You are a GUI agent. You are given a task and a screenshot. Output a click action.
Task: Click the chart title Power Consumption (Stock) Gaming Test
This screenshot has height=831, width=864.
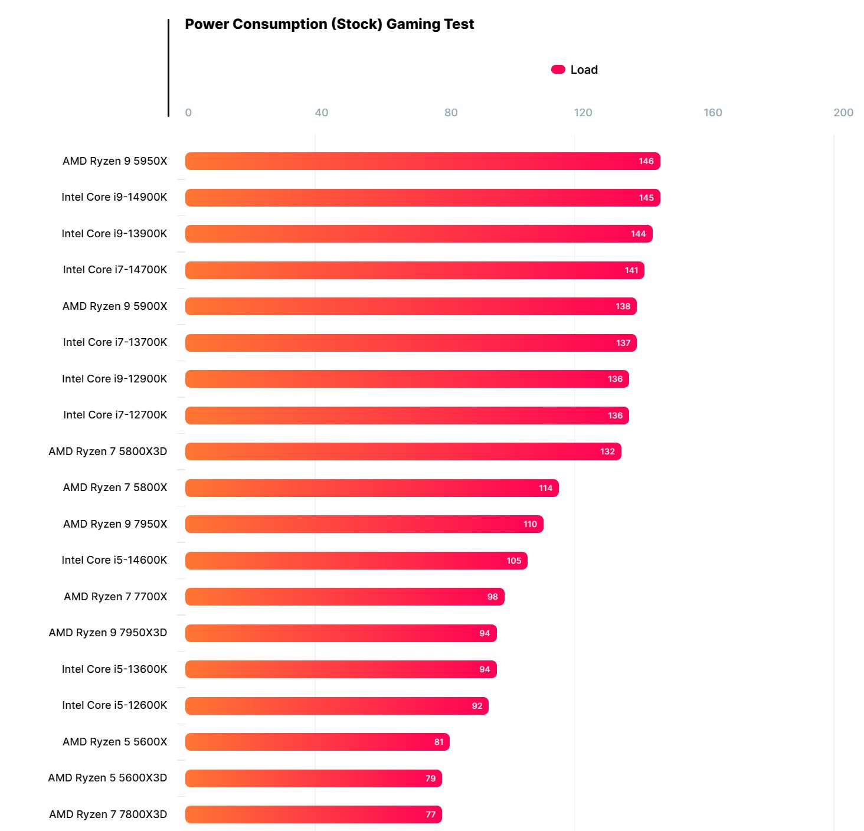coord(329,24)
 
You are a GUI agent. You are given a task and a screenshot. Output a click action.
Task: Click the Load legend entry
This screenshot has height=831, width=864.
coord(575,70)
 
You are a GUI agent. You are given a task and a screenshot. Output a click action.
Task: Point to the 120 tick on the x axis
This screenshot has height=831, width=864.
coord(582,113)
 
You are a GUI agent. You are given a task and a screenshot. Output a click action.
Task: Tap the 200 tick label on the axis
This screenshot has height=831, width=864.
coord(843,113)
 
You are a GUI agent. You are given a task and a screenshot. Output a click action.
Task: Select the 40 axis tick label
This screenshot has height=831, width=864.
coord(321,113)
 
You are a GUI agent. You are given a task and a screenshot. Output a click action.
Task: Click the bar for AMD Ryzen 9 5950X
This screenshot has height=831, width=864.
coord(422,161)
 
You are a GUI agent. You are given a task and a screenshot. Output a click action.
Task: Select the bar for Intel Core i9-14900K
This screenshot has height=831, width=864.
coord(422,198)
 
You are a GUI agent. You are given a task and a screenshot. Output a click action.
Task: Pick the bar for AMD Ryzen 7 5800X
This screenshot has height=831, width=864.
coord(372,488)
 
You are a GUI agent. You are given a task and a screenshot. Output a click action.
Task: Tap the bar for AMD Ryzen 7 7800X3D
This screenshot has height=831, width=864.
coord(313,814)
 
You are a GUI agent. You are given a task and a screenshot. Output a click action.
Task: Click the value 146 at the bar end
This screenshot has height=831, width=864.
coord(646,161)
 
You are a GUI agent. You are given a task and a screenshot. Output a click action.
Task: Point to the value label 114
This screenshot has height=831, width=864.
coord(545,488)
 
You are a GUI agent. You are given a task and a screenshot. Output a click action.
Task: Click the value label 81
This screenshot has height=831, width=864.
coord(438,742)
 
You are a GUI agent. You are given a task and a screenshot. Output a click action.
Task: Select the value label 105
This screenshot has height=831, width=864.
coord(513,561)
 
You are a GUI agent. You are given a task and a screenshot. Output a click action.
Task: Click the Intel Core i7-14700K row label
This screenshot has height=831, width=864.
coord(115,270)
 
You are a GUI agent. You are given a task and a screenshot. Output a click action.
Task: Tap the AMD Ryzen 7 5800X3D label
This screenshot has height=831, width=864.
coord(107,452)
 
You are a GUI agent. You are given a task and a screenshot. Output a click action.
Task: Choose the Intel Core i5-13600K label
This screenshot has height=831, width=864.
coord(114,669)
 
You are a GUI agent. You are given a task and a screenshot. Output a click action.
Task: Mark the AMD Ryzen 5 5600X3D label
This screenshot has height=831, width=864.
coord(107,778)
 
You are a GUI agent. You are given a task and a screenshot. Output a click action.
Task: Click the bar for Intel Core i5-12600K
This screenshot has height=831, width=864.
coord(336,706)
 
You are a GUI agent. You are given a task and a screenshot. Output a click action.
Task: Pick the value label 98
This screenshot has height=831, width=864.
coord(492,597)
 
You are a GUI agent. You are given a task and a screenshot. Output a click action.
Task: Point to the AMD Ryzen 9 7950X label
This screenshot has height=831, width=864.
coord(115,524)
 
